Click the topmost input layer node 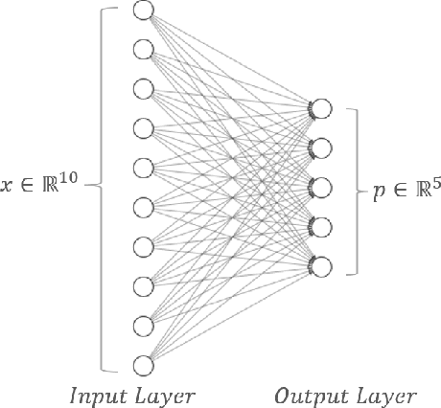(144, 11)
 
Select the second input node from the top (144, 50)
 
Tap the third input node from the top (144, 89)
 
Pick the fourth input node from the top (144, 128)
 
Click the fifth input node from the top (144, 168)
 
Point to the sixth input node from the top (144, 207)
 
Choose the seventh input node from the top (144, 246)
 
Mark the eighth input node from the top (144, 285)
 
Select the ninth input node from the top (144, 325)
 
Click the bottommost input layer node (144, 364)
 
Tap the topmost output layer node (321, 108)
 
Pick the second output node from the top (321, 147)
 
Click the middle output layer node (321, 187)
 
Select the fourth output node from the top (321, 226)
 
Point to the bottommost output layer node (321, 265)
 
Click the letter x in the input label (7, 187)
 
